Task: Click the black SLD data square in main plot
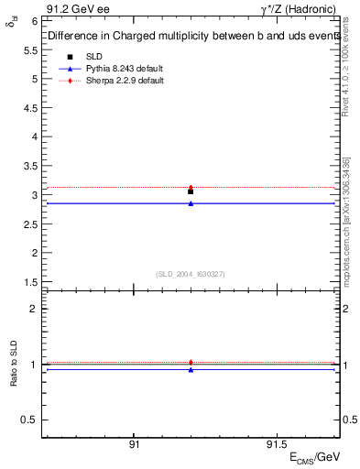click(x=191, y=191)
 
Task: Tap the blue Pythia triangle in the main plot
click(x=191, y=203)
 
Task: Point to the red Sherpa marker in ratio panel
click(x=191, y=363)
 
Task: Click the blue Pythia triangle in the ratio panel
click(x=191, y=369)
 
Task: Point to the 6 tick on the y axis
click(x=34, y=20)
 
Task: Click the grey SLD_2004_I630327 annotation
click(x=191, y=273)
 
